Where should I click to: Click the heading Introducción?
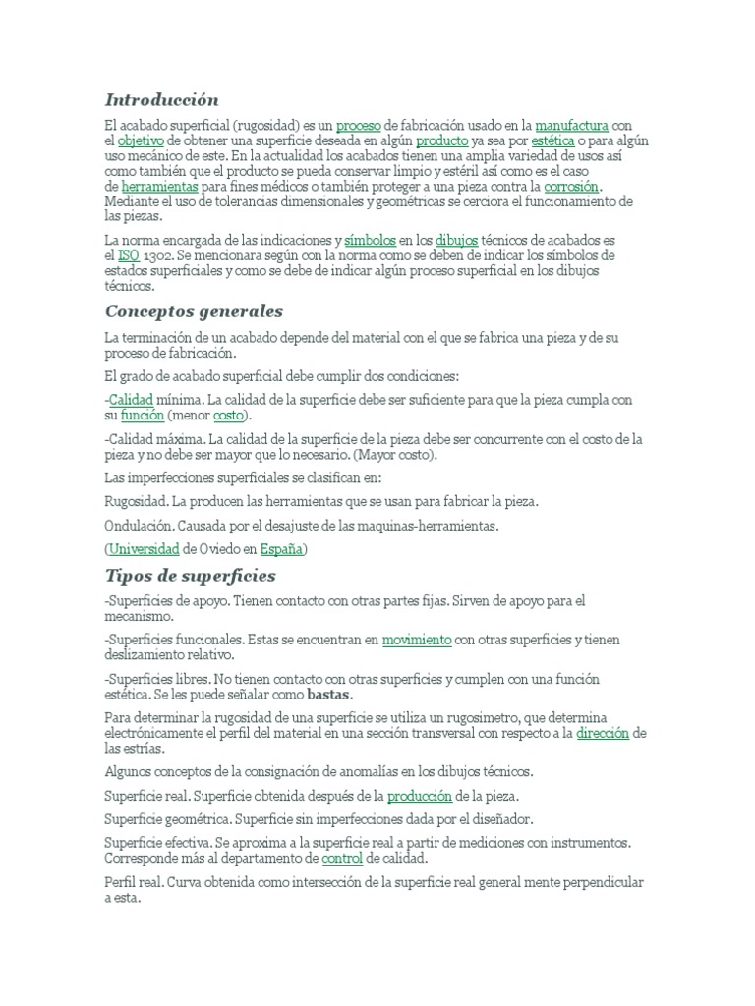161,100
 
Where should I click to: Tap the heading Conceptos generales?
194,311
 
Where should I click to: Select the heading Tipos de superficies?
190,575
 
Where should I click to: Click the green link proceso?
358,126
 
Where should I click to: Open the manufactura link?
571,126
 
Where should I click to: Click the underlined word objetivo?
141,140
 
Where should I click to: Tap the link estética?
552,140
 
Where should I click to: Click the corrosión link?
571,186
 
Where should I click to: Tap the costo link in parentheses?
229,416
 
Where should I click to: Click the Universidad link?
144,548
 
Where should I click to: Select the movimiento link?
417,640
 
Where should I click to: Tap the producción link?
420,796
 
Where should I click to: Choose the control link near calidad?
342,859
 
